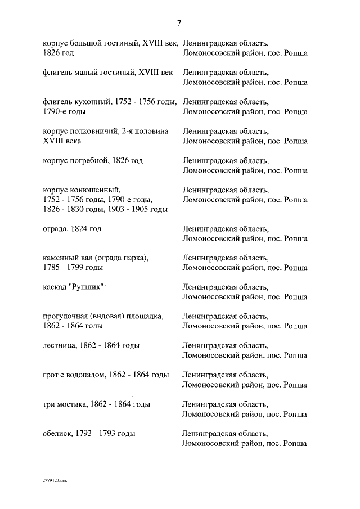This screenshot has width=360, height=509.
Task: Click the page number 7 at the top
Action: [x=179, y=24]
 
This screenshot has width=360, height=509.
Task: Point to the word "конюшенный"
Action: [x=94, y=190]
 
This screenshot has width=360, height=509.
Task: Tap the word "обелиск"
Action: [x=57, y=434]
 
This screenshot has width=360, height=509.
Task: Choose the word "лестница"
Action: [x=60, y=345]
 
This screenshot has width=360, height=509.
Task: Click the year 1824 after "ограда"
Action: [x=82, y=229]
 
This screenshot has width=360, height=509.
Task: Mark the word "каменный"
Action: [x=60, y=258]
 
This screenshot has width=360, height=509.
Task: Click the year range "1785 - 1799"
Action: [x=62, y=268]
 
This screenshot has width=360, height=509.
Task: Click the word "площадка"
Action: [x=146, y=316]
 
